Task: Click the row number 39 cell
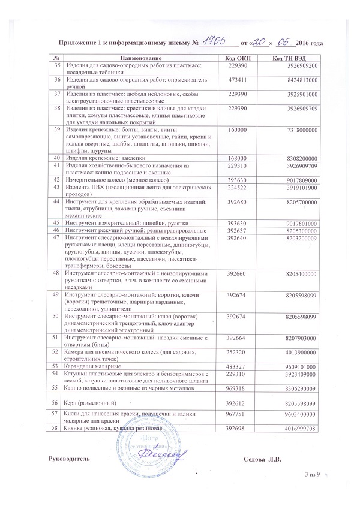click(57, 129)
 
